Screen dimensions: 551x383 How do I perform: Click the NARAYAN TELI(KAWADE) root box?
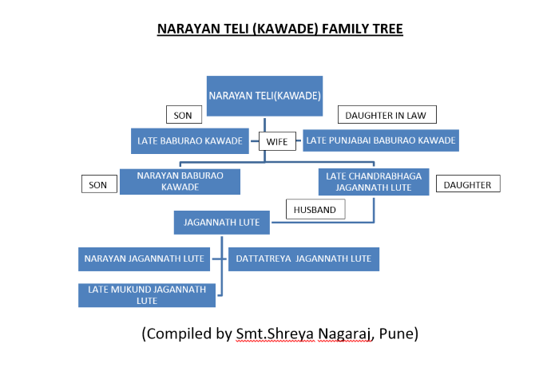[x=264, y=96]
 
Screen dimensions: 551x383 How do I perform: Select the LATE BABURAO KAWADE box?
[x=190, y=140]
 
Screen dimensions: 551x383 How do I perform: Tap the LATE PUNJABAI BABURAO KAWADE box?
[x=381, y=140]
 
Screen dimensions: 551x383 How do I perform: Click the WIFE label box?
[x=277, y=141]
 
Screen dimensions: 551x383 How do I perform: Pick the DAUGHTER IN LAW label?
[x=387, y=115]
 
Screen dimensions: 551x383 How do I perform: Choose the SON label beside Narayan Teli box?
[x=184, y=115]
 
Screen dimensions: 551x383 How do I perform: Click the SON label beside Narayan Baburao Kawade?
[x=100, y=184]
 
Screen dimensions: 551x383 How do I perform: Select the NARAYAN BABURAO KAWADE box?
[x=180, y=181]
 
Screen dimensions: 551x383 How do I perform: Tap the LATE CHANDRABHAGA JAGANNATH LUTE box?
[x=374, y=182]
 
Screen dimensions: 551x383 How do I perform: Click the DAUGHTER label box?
[x=468, y=184]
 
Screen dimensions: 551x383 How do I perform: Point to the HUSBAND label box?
[x=315, y=209]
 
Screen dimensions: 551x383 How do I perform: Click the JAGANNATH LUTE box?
[x=222, y=223]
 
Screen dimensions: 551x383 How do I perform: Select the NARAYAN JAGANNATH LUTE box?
[x=144, y=259]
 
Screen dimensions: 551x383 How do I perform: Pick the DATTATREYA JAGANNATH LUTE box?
[x=303, y=259]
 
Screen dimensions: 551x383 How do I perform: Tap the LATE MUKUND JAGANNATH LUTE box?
[x=147, y=295]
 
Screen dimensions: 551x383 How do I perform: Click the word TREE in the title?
[x=387, y=29]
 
